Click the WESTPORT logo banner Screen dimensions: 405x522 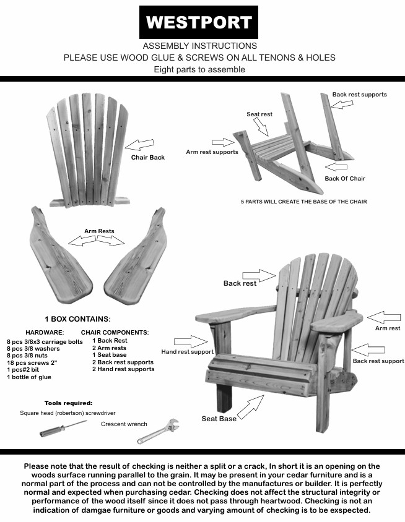(199, 22)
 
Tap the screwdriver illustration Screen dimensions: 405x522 (63, 429)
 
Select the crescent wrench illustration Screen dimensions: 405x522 (158, 431)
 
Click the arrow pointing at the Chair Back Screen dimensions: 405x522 (139, 145)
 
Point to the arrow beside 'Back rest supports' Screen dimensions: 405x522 (342, 104)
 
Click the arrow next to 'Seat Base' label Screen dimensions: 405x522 (250, 407)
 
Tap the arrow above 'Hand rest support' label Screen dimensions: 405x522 (191, 341)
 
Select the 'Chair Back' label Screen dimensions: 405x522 (147, 158)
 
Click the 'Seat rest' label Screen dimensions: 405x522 (259, 114)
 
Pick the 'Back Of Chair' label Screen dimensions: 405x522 (345, 179)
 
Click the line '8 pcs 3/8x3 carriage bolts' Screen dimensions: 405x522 (45, 342)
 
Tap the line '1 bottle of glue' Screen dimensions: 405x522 (29, 377)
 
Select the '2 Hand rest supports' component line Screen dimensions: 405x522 (123, 369)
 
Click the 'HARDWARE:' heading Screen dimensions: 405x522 (45, 333)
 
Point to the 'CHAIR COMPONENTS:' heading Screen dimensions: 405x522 (115, 333)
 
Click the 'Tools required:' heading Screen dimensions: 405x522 (68, 403)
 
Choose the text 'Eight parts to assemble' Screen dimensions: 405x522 (199, 69)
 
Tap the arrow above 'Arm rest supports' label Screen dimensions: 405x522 (223, 142)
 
